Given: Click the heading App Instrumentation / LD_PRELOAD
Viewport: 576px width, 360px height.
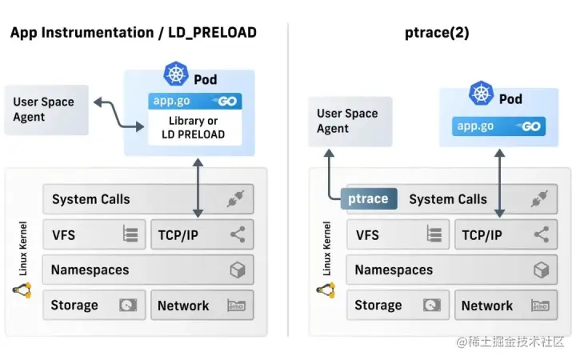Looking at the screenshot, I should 134,33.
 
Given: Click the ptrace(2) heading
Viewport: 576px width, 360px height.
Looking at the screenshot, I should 438,33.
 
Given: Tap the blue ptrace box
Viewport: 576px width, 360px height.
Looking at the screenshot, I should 369,199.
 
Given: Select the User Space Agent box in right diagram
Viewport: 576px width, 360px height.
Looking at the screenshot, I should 350,121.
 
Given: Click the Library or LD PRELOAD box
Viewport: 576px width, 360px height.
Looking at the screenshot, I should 195,127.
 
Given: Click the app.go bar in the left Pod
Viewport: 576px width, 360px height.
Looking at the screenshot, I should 195,102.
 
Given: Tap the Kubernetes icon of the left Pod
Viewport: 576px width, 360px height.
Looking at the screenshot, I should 176,74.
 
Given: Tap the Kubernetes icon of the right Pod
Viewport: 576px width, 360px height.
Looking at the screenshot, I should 481,94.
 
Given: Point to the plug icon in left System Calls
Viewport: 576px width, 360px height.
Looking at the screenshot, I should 235,199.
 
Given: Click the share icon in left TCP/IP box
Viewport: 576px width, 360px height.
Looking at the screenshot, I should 237,234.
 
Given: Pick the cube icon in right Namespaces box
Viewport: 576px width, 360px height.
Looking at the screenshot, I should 541,270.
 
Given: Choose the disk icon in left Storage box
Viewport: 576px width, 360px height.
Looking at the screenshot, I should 128,306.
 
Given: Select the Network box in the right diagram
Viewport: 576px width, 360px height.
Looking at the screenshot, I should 506,306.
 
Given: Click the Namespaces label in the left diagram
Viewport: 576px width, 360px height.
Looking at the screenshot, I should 90,270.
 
